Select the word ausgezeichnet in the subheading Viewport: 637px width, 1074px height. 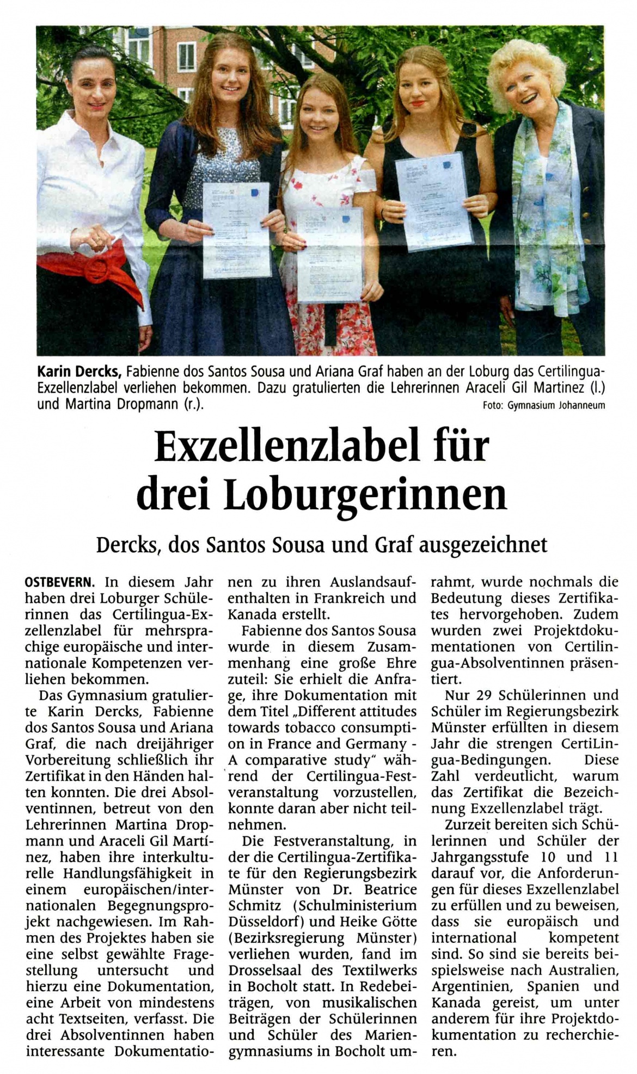(x=483, y=545)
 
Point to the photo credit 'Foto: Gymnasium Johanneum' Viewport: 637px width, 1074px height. (x=543, y=405)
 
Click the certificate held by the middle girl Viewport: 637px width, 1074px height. (x=330, y=254)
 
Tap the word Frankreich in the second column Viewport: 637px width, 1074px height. (x=348, y=598)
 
